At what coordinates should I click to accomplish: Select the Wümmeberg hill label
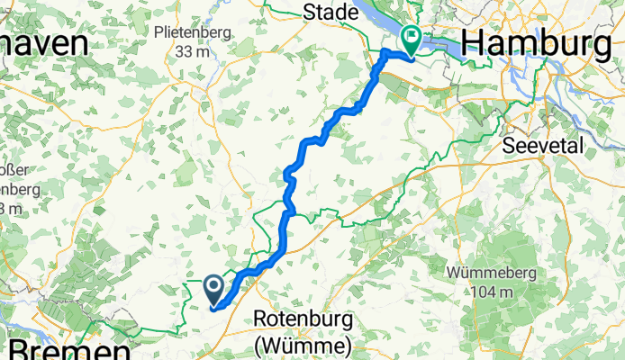(491, 273)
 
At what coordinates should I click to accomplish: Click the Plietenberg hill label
(192, 31)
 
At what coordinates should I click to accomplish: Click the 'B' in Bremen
(19, 349)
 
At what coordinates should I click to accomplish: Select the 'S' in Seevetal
(510, 145)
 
